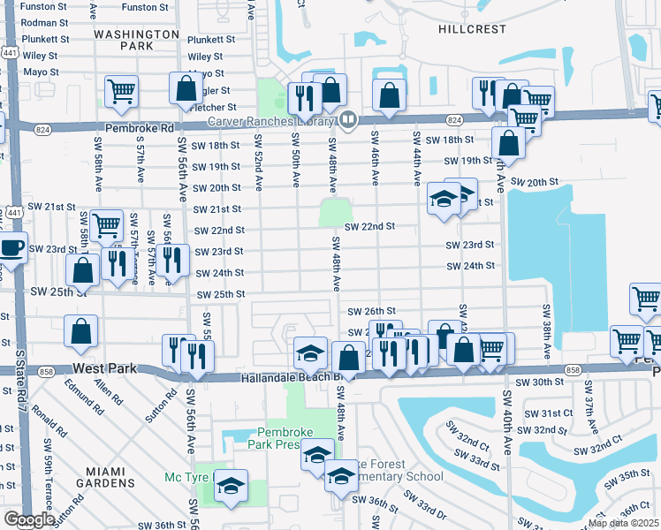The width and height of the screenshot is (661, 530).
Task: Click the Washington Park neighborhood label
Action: click(x=136, y=39)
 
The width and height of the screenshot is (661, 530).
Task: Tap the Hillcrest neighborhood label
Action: click(x=473, y=29)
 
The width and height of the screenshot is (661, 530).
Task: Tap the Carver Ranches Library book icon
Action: click(x=348, y=120)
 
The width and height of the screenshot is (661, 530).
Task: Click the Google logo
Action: click(x=29, y=519)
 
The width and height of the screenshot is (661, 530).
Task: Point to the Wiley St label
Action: click(x=41, y=55)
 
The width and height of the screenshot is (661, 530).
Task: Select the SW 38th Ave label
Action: click(x=547, y=337)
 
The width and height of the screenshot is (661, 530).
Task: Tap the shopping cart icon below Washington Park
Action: click(x=121, y=90)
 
